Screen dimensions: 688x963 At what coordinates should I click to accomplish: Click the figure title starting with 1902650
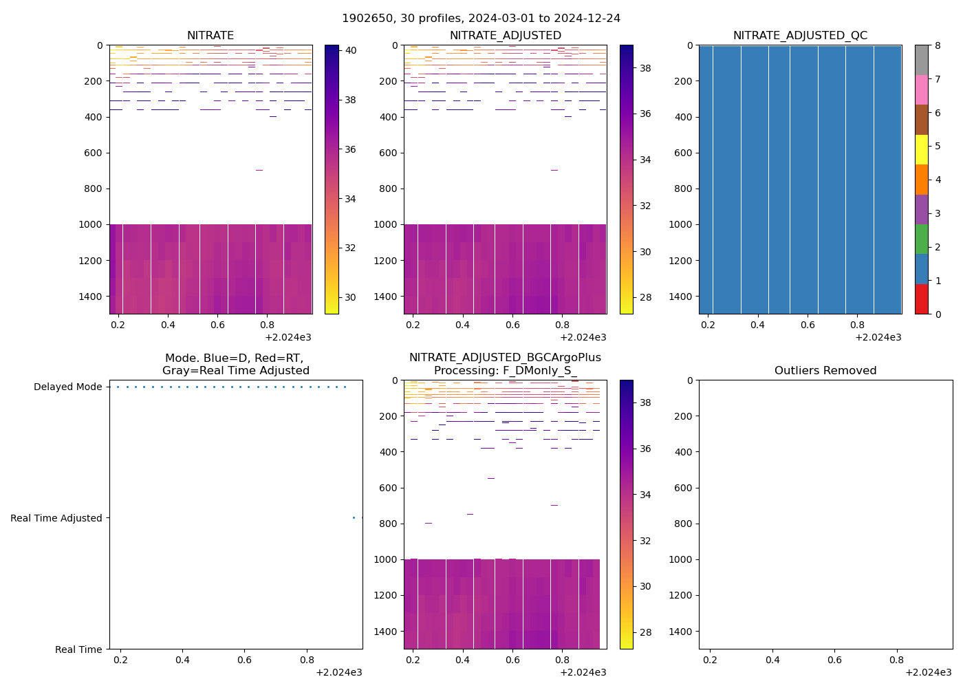coord(481,19)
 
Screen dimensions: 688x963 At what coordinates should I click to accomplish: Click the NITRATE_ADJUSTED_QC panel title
coord(800,36)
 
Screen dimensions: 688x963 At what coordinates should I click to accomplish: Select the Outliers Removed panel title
coord(825,371)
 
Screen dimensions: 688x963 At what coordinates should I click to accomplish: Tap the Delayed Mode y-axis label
coord(67,387)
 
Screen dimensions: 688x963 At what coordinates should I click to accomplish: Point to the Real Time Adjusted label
coord(56,519)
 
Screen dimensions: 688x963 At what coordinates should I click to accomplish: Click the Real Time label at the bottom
coord(78,650)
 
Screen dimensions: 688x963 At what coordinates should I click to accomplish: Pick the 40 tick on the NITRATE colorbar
coord(350,50)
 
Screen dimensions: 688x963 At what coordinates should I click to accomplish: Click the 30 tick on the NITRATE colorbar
coord(350,298)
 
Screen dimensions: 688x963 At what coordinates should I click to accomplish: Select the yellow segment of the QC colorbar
coord(921,150)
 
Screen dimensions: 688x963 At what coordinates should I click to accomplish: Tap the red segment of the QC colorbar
coord(921,299)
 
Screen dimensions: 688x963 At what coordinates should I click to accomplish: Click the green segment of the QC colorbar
coord(921,239)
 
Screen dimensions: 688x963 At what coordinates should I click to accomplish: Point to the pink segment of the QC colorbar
coord(921,90)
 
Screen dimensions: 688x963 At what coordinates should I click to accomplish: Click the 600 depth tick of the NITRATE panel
coord(94,153)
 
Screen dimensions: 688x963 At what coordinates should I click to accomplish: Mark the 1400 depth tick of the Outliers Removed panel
coord(681,632)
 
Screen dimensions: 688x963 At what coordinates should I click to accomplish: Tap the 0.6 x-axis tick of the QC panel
coord(807,325)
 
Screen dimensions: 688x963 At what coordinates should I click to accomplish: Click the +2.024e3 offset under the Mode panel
coord(338,672)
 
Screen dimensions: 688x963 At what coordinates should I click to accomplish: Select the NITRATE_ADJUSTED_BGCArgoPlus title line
coord(505,358)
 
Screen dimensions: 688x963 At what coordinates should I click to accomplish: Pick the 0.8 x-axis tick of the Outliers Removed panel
coord(897,660)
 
